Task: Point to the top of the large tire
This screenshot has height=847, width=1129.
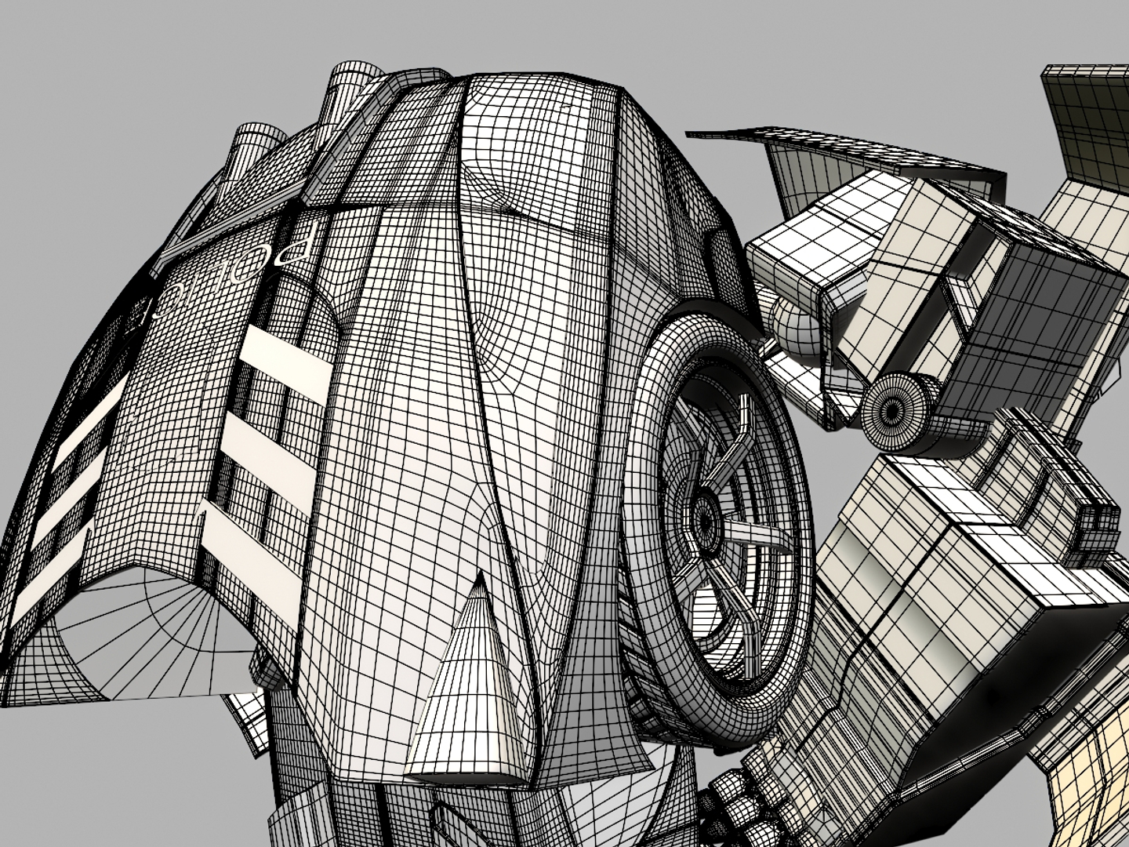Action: point(706,318)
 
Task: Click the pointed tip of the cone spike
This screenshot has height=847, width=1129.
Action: point(478,576)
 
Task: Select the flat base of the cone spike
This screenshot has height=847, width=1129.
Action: point(463,772)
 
